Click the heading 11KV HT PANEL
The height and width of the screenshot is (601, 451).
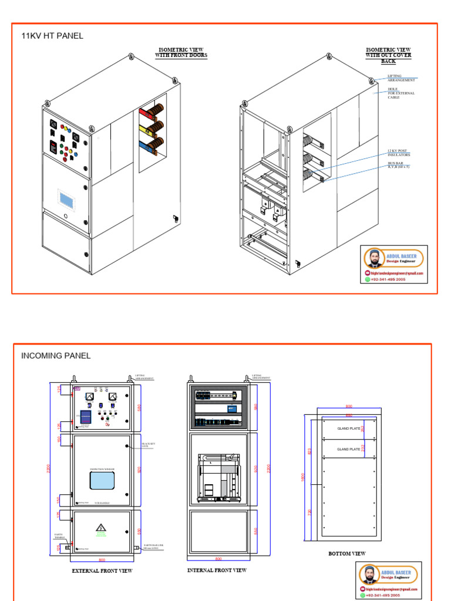(52, 36)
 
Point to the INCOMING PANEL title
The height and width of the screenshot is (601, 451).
(56, 356)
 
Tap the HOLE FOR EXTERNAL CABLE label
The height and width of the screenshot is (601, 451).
(400, 93)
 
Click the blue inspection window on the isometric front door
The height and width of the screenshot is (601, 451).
(67, 199)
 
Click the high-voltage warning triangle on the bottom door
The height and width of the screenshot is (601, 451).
(100, 528)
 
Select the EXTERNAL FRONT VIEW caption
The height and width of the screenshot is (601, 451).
(102, 570)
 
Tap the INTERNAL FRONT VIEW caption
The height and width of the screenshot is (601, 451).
(217, 570)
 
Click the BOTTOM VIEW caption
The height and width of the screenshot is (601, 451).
(347, 553)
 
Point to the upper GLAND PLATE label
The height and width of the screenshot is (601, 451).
(348, 428)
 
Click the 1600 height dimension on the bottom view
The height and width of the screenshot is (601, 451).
(304, 477)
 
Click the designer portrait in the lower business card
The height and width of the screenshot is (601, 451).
(370, 575)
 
